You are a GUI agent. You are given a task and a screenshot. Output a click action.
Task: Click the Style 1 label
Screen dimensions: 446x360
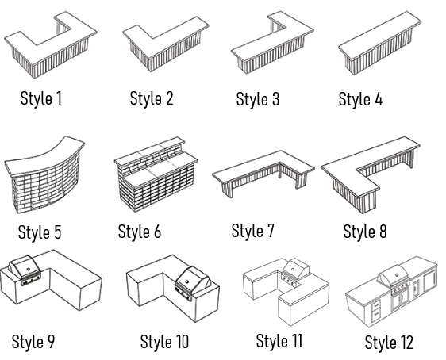tap(41, 98)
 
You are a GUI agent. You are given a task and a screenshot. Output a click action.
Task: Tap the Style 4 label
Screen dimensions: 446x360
tap(360, 99)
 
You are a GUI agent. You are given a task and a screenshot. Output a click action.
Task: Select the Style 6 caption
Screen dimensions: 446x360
tap(140, 232)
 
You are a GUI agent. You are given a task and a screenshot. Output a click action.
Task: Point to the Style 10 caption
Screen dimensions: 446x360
tap(164, 341)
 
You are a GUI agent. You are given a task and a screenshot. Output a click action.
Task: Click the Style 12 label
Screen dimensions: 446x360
tap(389, 342)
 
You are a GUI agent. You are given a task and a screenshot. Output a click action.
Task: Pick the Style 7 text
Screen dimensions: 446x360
tap(252, 231)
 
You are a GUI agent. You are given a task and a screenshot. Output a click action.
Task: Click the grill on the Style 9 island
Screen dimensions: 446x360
tap(25, 270)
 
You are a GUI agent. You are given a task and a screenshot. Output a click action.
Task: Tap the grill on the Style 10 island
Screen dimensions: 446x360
tap(193, 283)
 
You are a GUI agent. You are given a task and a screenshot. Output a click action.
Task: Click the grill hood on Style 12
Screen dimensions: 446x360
tap(394, 274)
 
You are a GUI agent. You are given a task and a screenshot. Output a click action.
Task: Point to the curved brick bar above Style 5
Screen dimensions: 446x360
tap(44, 174)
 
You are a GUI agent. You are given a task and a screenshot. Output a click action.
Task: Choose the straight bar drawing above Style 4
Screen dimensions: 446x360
tap(379, 43)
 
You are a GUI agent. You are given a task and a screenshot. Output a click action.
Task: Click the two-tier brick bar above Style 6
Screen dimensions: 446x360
tap(156, 174)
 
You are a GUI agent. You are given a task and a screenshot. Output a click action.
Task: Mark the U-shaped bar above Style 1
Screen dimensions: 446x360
tap(51, 45)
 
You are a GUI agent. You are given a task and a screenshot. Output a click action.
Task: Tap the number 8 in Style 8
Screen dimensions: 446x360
tap(383, 232)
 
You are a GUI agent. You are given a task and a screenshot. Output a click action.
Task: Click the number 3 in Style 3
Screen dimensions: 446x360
tap(275, 99)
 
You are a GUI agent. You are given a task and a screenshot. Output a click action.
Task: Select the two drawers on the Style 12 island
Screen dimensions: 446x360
tap(376, 310)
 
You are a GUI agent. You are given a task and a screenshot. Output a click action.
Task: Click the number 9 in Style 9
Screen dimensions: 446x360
tap(50, 341)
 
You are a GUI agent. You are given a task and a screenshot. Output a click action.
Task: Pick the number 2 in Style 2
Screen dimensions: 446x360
tap(169, 98)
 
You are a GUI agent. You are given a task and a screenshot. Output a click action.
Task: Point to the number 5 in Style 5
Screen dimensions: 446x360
tap(57, 232)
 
